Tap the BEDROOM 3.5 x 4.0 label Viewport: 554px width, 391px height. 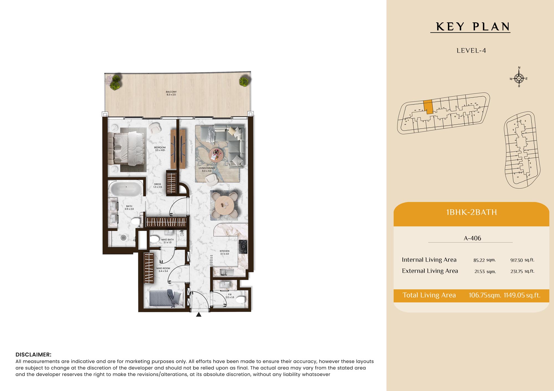160,149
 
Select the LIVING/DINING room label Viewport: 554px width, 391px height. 207,169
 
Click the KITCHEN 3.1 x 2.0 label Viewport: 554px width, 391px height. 225,252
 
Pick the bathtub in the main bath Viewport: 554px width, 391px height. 126,189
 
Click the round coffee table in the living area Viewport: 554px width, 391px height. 216,155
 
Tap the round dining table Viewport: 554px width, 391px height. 224,205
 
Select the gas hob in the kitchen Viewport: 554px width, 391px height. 243,247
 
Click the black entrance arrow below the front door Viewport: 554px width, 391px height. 199,314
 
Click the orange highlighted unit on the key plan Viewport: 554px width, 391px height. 428,107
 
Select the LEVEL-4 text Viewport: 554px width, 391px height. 471,51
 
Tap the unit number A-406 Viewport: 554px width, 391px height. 472,238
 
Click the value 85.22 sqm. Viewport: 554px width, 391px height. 484,260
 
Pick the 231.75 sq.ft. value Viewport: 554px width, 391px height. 522,271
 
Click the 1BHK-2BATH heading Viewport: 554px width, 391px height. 471,212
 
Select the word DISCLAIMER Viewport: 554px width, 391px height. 34,354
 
